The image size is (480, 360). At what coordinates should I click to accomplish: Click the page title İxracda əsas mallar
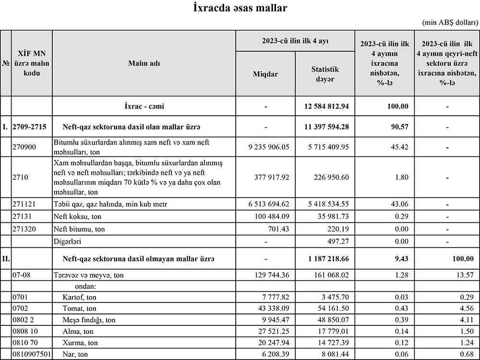pyautogui.click(x=240, y=8)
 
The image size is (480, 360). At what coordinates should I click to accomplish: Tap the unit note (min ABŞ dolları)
pyautogui.click(x=450, y=23)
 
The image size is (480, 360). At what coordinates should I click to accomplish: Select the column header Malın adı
pyautogui.click(x=144, y=63)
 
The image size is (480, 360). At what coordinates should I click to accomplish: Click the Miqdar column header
pyautogui.click(x=265, y=74)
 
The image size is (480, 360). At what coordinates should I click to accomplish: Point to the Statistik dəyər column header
pyautogui.click(x=324, y=74)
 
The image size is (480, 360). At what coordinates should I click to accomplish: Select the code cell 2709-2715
pyautogui.click(x=30, y=127)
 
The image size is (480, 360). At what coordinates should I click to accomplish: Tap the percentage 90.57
pyautogui.click(x=383, y=127)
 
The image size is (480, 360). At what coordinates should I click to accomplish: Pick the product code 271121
pyautogui.click(x=24, y=204)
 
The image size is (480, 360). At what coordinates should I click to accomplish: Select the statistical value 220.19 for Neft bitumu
pyautogui.click(x=337, y=229)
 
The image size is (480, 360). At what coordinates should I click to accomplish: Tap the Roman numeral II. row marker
pyautogui.click(x=6, y=259)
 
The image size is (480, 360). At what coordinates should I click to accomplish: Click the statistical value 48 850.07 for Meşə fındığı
pyautogui.click(x=332, y=320)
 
